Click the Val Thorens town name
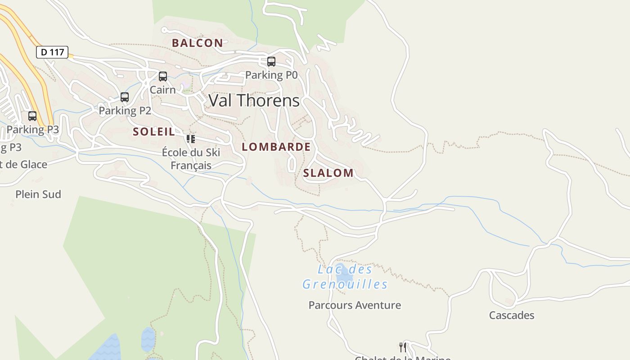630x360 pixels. coord(254,100)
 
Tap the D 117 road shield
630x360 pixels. coord(52,52)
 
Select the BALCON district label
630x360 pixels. coord(197,43)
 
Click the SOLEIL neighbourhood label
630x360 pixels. coord(154,132)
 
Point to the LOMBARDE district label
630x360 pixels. coord(276,147)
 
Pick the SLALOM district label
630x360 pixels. coord(328,173)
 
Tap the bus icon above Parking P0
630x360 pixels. coord(271,62)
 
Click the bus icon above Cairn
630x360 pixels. coord(163,76)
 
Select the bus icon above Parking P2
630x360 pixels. coord(125,97)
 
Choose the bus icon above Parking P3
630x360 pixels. coord(32,116)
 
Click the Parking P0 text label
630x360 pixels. coord(271,75)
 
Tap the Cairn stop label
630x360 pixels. coord(162,90)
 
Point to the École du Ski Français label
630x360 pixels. coord(191,159)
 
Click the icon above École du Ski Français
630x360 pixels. coord(191,139)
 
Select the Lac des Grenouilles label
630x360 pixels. coord(345,277)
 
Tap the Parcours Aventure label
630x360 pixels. coord(355,305)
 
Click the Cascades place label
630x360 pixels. coord(512,315)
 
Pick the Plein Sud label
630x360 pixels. coord(38,194)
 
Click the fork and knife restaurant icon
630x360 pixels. coord(403,347)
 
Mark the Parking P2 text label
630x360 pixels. coord(125,111)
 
